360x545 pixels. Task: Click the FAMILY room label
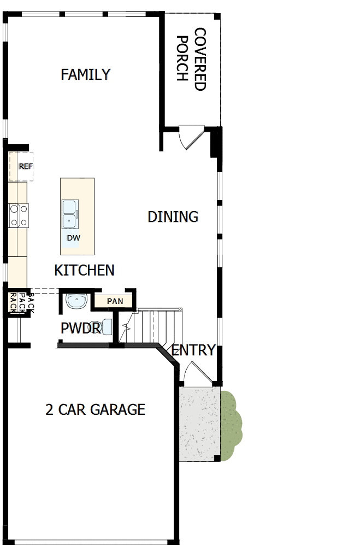coord(86,74)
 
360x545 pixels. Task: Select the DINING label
coord(173,216)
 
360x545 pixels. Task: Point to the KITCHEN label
coord(85,270)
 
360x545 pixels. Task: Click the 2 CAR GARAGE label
coord(95,409)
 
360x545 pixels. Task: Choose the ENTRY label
coord(193,350)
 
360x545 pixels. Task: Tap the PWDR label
coord(80,329)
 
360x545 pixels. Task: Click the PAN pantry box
coord(115,301)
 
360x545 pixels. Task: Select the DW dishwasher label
coord(73,238)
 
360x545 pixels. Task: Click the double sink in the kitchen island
coord(70,213)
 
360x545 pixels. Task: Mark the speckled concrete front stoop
coord(199,424)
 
